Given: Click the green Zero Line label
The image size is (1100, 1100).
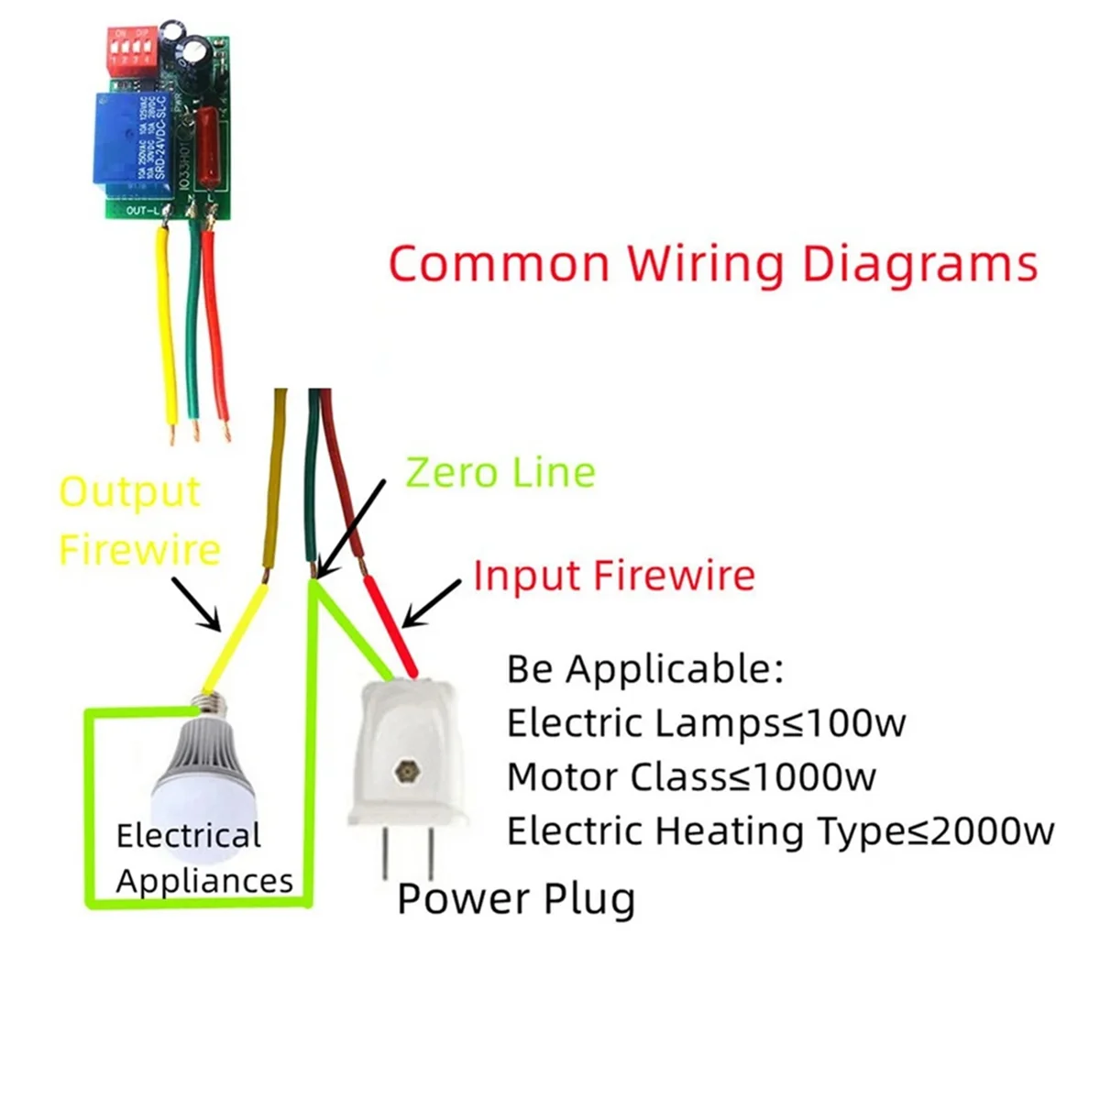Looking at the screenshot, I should click(x=500, y=473).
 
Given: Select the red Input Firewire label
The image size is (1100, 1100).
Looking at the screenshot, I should click(x=614, y=576).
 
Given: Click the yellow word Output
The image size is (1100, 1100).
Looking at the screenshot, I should click(x=129, y=492).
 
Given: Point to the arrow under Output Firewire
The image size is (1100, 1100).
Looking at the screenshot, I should click(x=196, y=606).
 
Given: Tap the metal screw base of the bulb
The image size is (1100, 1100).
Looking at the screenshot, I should click(x=209, y=704).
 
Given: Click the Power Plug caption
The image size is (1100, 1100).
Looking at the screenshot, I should click(x=516, y=898).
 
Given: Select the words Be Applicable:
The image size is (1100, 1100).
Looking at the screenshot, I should click(x=645, y=669).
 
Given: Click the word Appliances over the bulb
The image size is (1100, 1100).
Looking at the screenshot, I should click(x=204, y=881).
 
